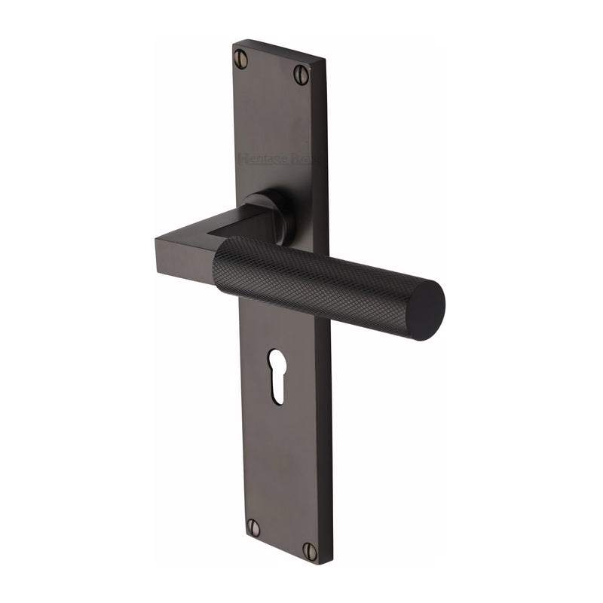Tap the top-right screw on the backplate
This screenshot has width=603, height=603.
301,74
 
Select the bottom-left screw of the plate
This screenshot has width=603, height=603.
253,528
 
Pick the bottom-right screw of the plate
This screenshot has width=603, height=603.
310,551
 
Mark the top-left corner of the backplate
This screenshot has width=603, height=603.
234,43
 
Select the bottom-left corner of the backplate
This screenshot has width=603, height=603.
241,536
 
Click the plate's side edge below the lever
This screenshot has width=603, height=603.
330,437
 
